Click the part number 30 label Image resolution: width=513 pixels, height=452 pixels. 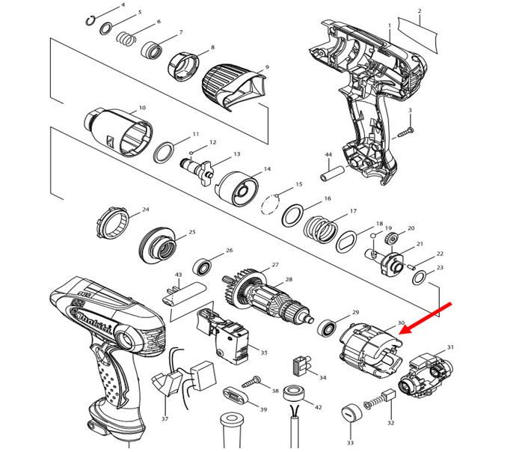[x=401, y=323]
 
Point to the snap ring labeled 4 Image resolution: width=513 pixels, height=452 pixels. [x=90, y=20]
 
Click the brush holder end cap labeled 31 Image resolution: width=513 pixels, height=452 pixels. [x=427, y=374]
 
